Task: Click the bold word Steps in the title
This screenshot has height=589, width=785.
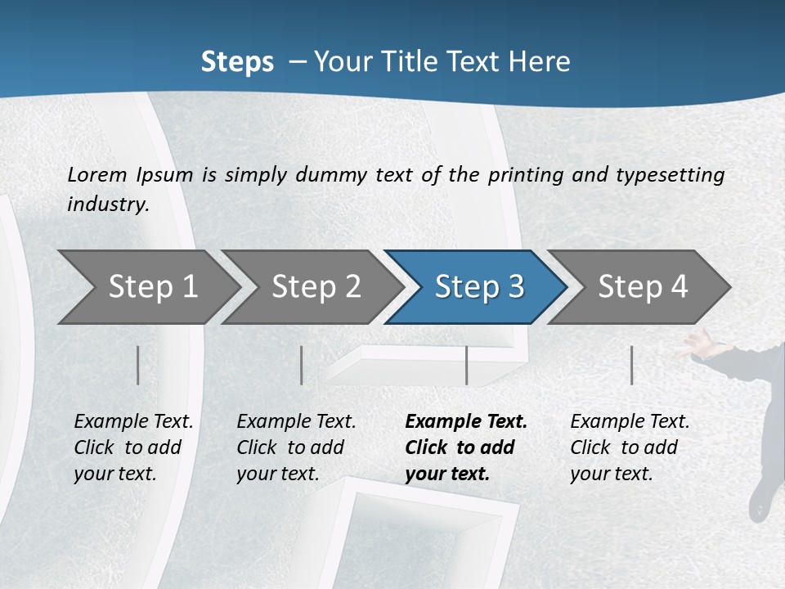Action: pos(237,62)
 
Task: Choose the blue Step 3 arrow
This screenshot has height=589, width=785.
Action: pos(474,287)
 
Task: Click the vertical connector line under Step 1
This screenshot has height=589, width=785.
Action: pos(137,365)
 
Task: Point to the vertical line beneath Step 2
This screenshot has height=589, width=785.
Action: pos(302,365)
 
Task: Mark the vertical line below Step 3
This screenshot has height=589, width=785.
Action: pos(466,365)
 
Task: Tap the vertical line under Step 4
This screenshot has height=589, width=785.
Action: pos(631,365)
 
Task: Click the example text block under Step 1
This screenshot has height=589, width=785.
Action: pos(133,447)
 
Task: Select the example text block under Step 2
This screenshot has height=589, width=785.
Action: pos(296,447)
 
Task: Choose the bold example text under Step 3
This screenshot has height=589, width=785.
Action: pos(466,447)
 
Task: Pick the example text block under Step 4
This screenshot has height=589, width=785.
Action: pos(630,447)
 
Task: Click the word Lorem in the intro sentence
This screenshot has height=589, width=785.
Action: pos(97,175)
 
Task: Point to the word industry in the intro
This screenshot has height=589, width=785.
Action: pos(108,204)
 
